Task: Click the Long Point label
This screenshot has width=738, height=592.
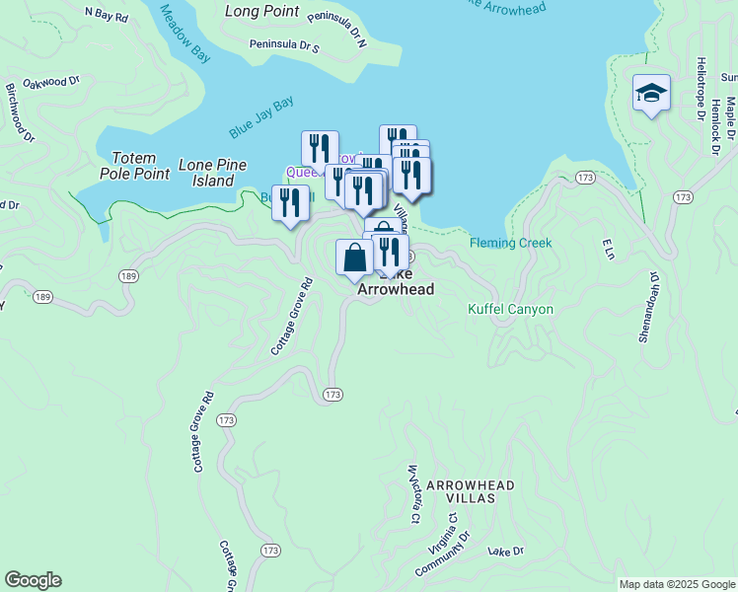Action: click(261, 11)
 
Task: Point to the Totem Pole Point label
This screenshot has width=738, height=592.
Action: click(136, 165)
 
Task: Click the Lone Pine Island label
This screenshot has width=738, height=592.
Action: click(212, 173)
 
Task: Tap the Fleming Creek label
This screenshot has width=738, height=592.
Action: click(510, 243)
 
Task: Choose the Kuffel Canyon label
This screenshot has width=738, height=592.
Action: click(509, 309)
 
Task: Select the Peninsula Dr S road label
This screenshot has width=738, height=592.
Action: click(284, 44)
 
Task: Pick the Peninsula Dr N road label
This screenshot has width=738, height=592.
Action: click(336, 28)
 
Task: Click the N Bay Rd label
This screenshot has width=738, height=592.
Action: click(107, 15)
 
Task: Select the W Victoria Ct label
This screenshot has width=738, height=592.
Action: click(413, 493)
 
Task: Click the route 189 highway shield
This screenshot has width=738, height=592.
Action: click(125, 274)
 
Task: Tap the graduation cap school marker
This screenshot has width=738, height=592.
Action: click(651, 94)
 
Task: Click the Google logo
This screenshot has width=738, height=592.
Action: click(34, 580)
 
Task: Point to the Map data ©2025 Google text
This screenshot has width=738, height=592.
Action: click(676, 584)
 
